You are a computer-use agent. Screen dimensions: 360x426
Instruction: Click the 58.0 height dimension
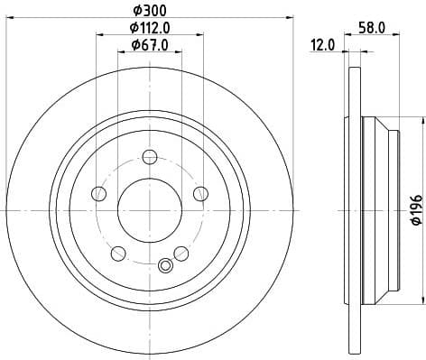click(371, 28)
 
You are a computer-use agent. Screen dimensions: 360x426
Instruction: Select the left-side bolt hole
click(100, 193)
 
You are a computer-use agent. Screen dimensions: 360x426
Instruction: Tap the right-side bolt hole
click(199, 193)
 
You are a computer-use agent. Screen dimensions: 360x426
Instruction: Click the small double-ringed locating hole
click(165, 265)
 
